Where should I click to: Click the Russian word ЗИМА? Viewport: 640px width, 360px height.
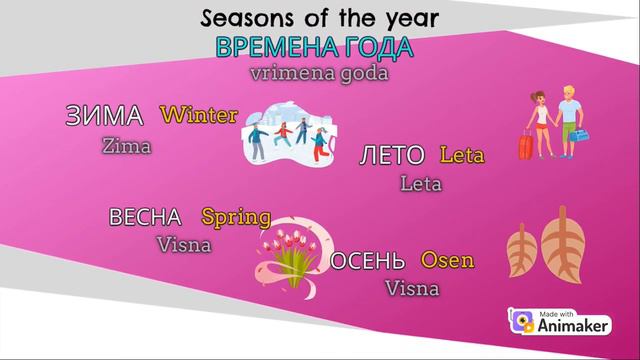(x=104, y=115)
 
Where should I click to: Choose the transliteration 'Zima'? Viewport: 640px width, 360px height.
(x=126, y=146)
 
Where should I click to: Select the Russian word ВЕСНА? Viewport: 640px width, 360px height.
(x=145, y=217)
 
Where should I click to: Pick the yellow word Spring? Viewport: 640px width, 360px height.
(x=236, y=216)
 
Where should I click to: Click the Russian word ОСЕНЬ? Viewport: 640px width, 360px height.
(x=368, y=262)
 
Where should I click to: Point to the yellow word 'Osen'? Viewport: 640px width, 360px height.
(x=447, y=261)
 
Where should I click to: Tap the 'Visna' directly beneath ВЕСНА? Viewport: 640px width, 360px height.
(x=184, y=244)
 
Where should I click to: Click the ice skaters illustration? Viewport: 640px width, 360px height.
(x=289, y=136)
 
